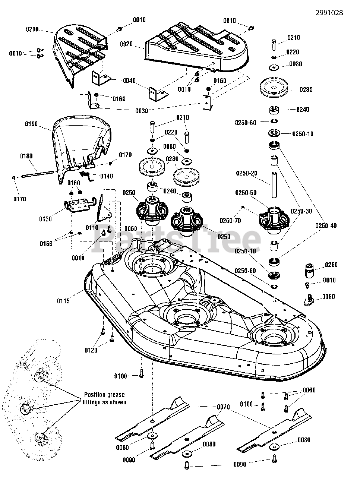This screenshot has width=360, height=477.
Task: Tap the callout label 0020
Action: point(126,44)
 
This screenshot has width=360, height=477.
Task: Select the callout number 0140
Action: point(106,176)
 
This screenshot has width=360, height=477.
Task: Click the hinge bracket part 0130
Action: point(78,206)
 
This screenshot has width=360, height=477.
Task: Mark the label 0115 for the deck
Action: point(63,301)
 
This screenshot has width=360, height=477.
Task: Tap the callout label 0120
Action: point(91,350)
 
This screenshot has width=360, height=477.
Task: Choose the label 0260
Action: point(331,265)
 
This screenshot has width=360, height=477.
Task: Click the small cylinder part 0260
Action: point(309,270)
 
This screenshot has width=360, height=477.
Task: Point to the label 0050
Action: point(328,297)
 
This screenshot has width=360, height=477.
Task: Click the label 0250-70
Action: point(230,221)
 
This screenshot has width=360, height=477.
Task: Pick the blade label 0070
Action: point(224,407)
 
